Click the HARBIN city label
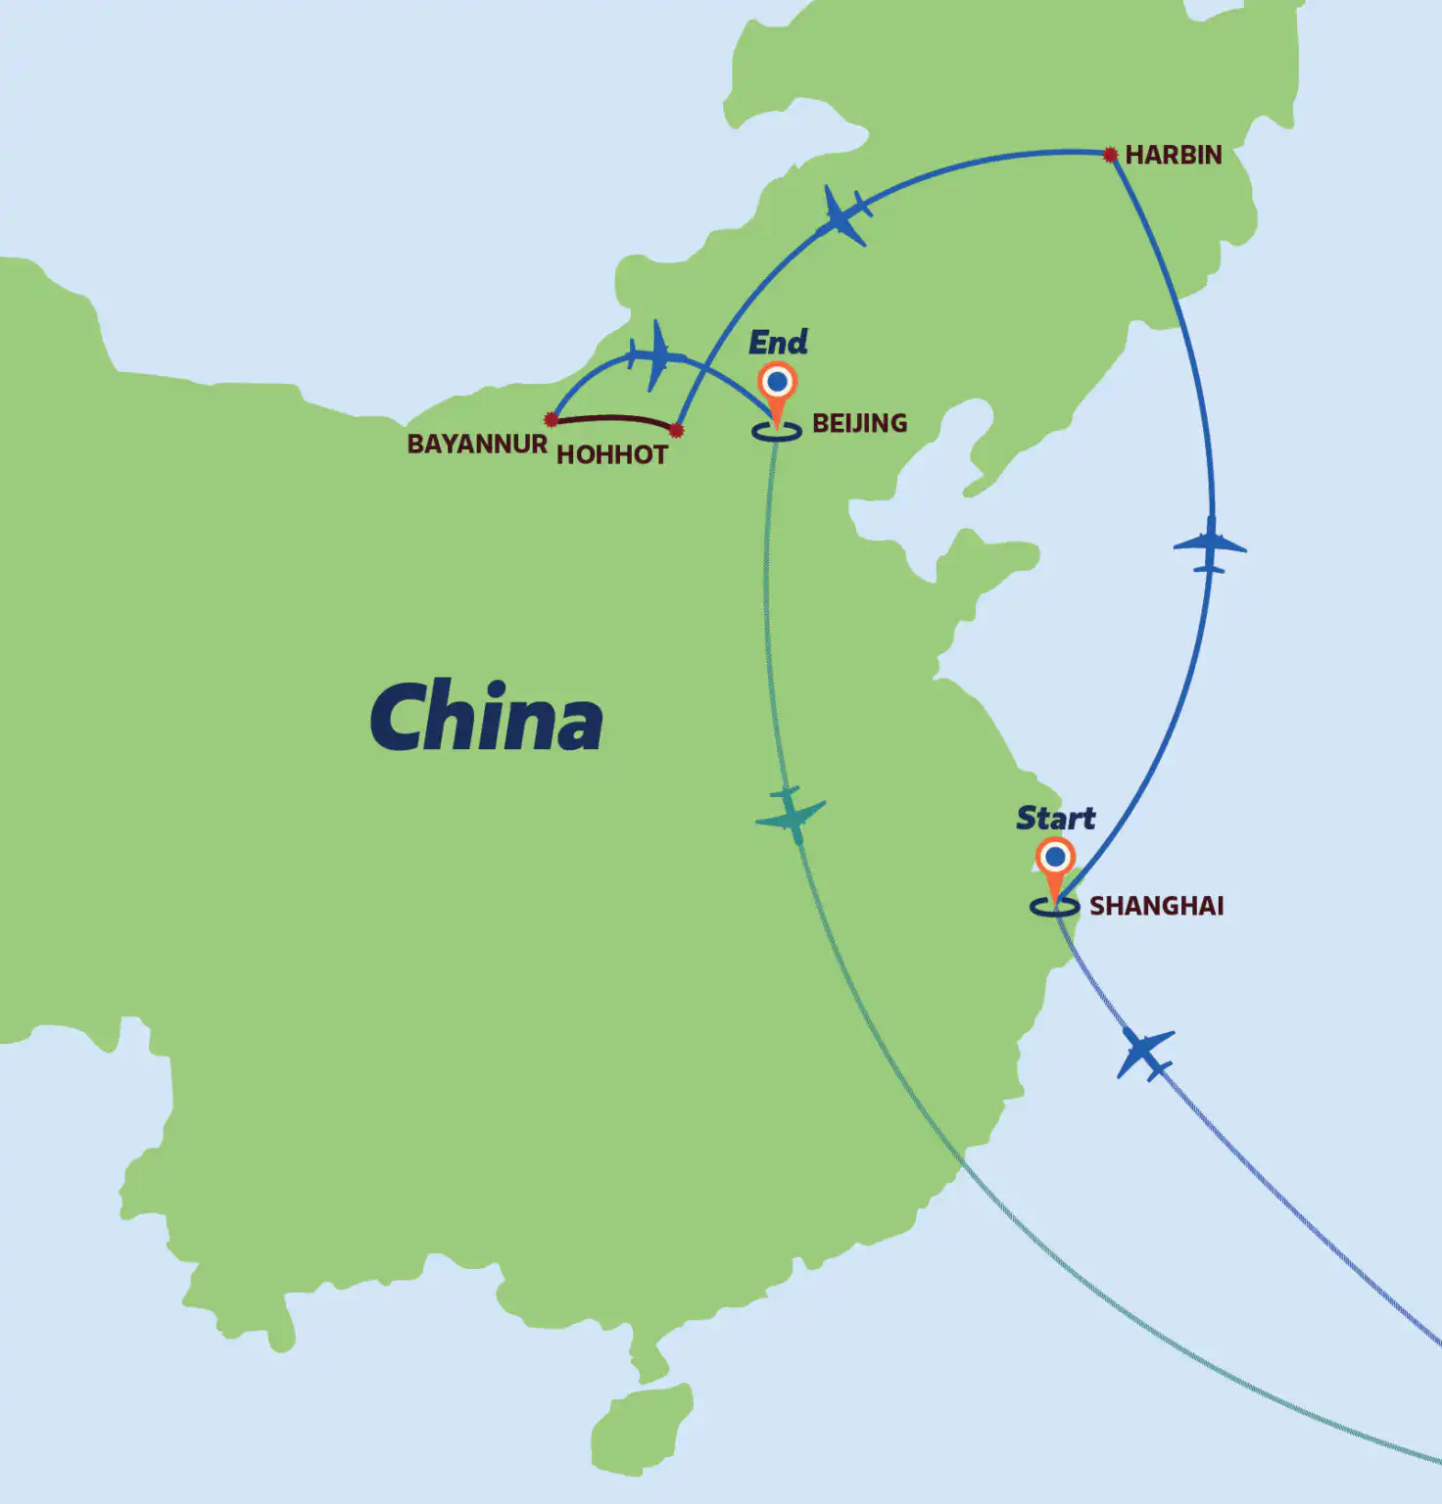coord(1174,155)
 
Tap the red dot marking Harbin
coord(1110,155)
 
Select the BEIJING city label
coord(859,423)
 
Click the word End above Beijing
coord(778,342)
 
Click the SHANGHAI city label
coord(1157,906)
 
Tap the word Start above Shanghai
coord(1055,818)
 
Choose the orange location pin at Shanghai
coord(1055,866)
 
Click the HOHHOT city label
coord(612,454)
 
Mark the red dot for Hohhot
coord(676,430)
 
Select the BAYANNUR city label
coord(477,444)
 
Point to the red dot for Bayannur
coord(552,419)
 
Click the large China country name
coord(486,717)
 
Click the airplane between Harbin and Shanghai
coord(1211,545)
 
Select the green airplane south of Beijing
coord(790,814)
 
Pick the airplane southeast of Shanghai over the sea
coord(1145,1054)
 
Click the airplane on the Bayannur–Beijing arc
coord(653,354)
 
